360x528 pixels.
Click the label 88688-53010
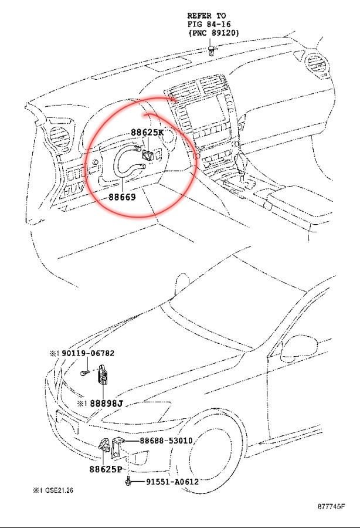(166, 441)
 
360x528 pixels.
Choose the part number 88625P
(106, 469)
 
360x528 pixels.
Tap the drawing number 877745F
(331, 506)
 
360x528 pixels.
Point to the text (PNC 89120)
(213, 33)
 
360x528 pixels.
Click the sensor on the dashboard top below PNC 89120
(211, 52)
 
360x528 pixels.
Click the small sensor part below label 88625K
(148, 155)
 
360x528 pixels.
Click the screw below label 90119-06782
(84, 373)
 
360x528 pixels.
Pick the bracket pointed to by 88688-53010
(117, 448)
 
